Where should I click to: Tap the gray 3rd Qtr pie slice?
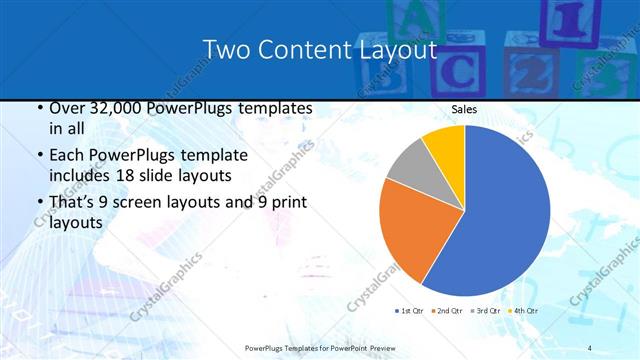[x=409, y=164]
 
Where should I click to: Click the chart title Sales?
[x=463, y=109]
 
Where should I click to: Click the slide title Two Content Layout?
[x=320, y=50]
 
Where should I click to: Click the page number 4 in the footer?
[x=590, y=346]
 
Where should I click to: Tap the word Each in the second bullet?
[x=67, y=156]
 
